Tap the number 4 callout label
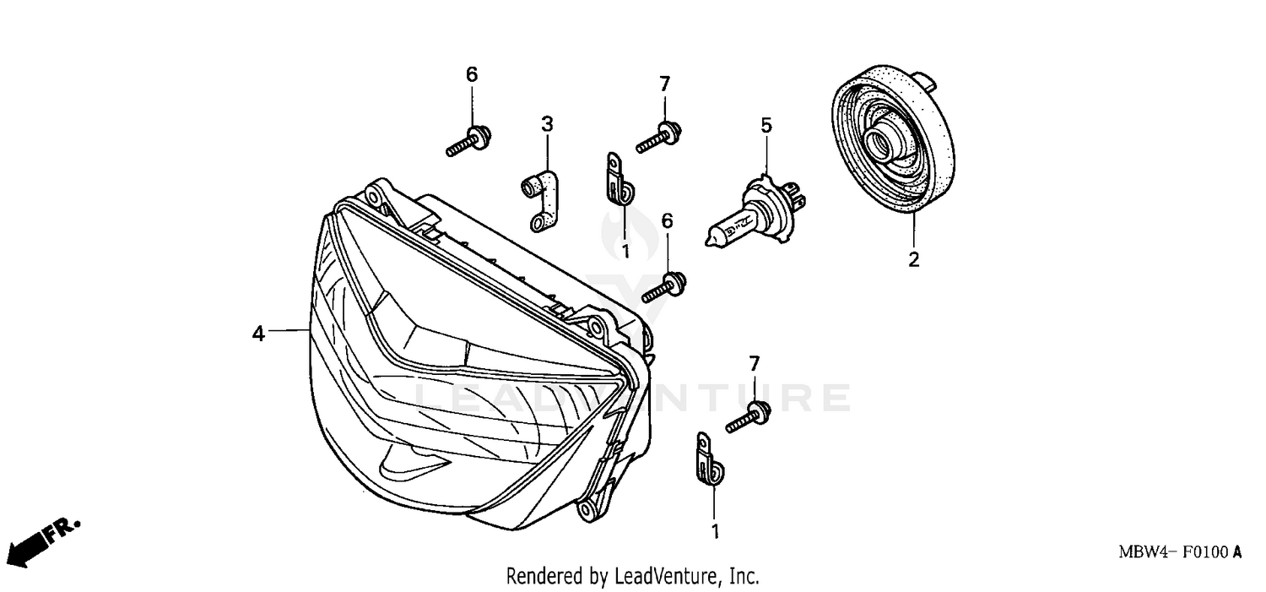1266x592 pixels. click(x=258, y=334)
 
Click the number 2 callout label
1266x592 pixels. click(x=913, y=260)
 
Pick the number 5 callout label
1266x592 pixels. click(x=766, y=126)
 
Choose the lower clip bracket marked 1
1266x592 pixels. click(x=708, y=460)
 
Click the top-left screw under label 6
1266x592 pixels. click(x=469, y=141)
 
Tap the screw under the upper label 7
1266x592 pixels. click(x=659, y=138)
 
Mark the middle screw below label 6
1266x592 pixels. click(x=665, y=287)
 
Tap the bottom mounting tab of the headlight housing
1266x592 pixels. click(x=586, y=509)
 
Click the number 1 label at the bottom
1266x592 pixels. click(x=715, y=532)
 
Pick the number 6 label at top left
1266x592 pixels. click(x=472, y=74)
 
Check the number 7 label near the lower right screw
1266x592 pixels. click(x=755, y=363)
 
